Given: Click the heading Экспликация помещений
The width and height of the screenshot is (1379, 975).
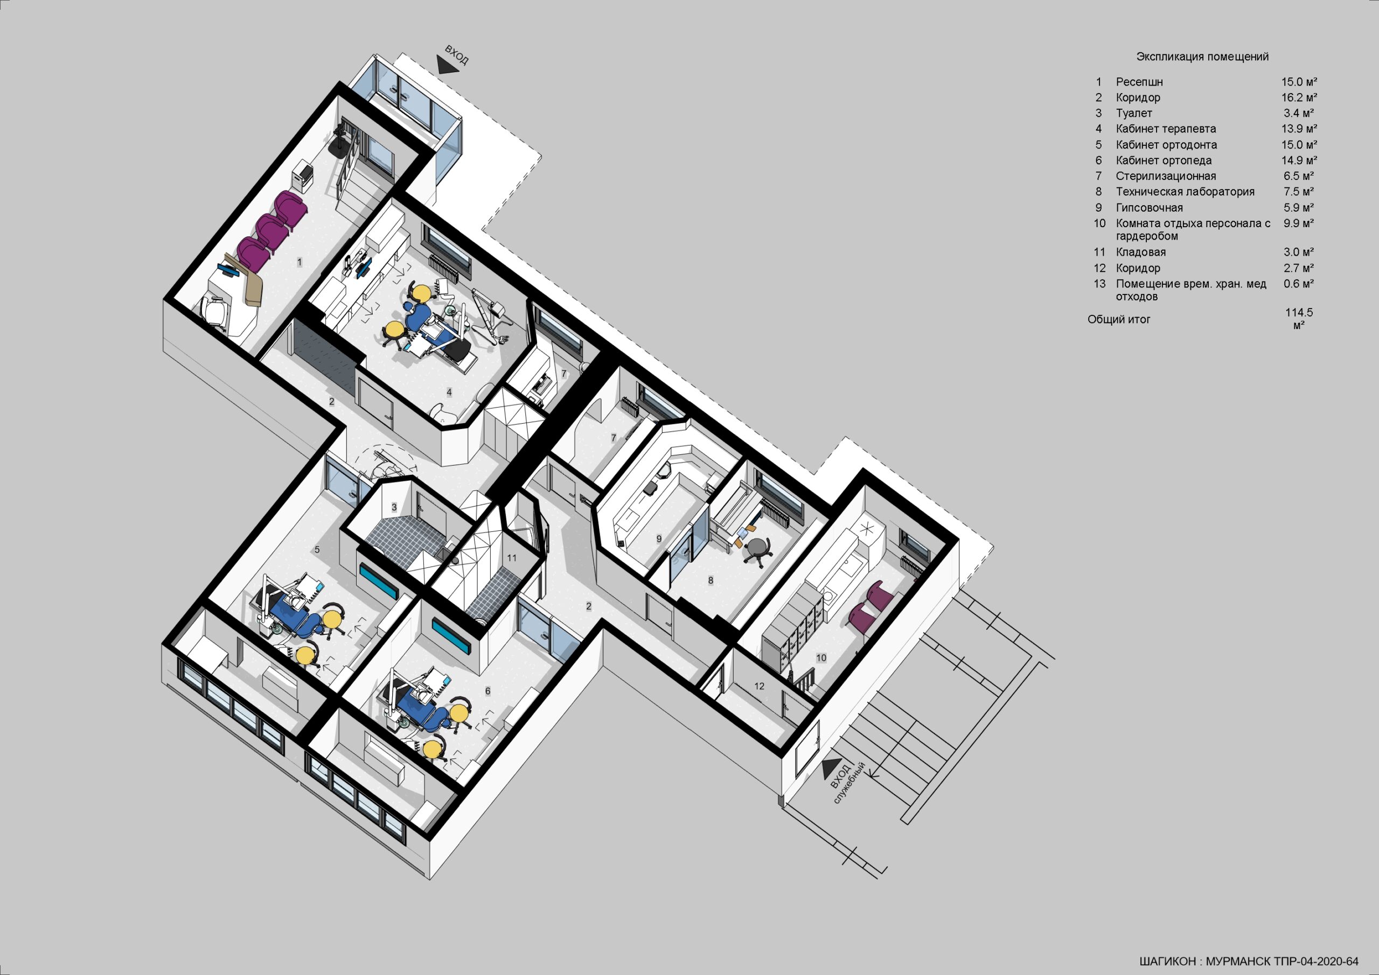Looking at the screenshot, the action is coord(1202,57).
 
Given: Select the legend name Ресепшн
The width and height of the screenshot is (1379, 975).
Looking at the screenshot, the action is coord(1139,82).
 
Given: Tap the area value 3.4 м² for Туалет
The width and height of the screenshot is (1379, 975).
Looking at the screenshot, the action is coord(1299,113).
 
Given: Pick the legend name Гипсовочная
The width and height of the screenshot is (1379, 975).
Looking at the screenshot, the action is coord(1150,208).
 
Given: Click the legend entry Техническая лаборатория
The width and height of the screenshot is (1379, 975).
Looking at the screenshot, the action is coord(1185,192).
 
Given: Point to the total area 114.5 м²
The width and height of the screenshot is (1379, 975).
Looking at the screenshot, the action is coord(1299,319).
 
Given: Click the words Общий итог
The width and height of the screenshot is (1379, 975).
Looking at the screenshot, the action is coord(1119,319).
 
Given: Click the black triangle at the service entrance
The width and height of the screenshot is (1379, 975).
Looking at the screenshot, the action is coord(832,768).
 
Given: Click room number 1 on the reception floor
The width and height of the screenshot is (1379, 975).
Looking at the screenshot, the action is coord(299,262).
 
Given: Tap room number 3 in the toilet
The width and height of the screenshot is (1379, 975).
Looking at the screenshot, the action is coord(394,507).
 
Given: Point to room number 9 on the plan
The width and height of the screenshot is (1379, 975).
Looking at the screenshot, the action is coord(659,539).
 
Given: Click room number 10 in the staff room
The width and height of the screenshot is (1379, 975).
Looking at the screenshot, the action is coord(821,657).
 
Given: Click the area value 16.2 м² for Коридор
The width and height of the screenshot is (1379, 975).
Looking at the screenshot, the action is coord(1299,97).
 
